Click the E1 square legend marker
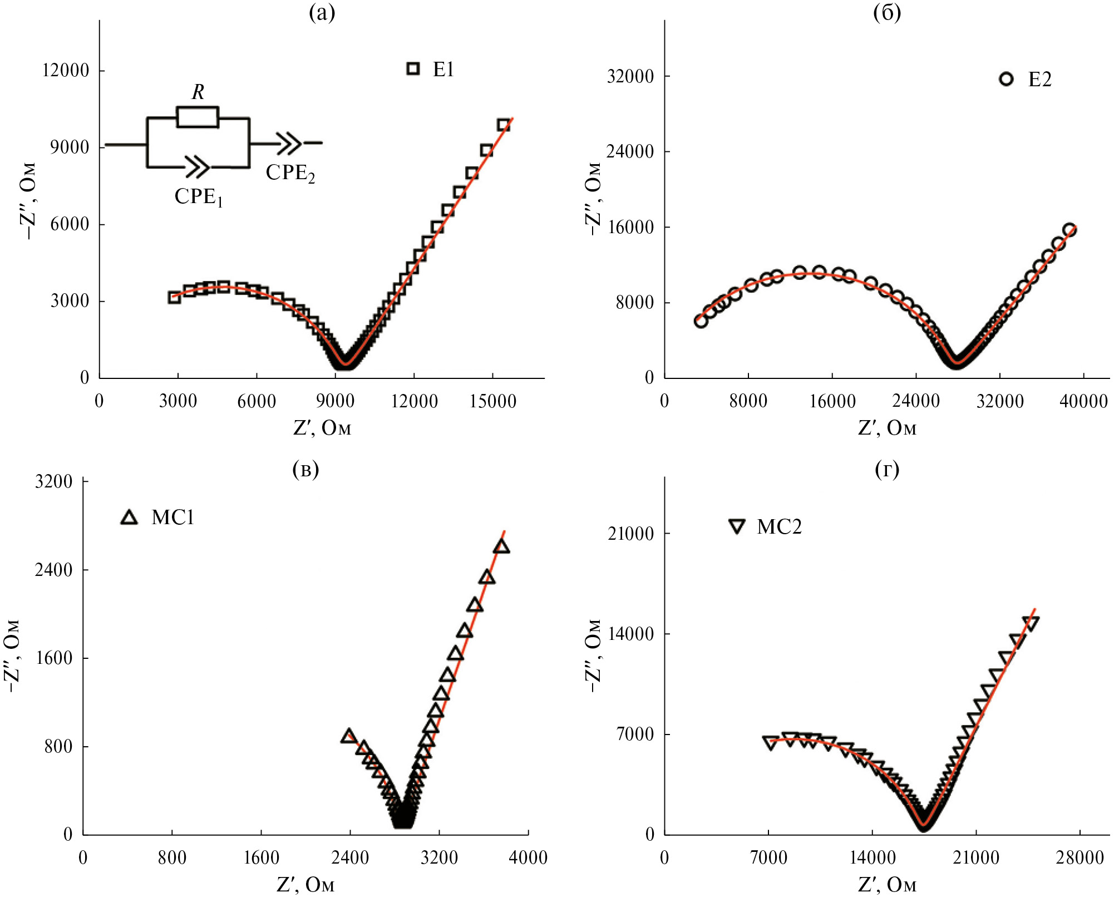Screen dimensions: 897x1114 [412, 68]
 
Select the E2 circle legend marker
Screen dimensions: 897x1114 [1006, 79]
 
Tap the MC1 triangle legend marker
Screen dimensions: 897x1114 [129, 517]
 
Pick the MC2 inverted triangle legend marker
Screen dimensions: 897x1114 [737, 526]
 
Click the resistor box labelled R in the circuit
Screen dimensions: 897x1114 [198, 117]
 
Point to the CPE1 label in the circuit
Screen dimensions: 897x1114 [199, 197]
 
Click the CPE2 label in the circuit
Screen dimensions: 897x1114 [290, 173]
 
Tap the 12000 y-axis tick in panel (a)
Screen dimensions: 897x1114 [66, 71]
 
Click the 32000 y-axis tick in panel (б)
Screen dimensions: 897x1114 [630, 76]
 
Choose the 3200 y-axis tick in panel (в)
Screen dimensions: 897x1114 [54, 481]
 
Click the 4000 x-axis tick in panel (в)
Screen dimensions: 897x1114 [528, 857]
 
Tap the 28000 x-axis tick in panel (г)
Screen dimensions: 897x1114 [1080, 857]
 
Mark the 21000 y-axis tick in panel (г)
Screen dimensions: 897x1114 [630, 534]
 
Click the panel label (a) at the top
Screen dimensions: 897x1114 [322, 12]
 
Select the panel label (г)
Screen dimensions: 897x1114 [887, 470]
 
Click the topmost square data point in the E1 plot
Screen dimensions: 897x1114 [504, 125]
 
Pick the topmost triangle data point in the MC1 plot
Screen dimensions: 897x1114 [501, 547]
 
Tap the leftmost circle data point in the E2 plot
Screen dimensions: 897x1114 [701, 321]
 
